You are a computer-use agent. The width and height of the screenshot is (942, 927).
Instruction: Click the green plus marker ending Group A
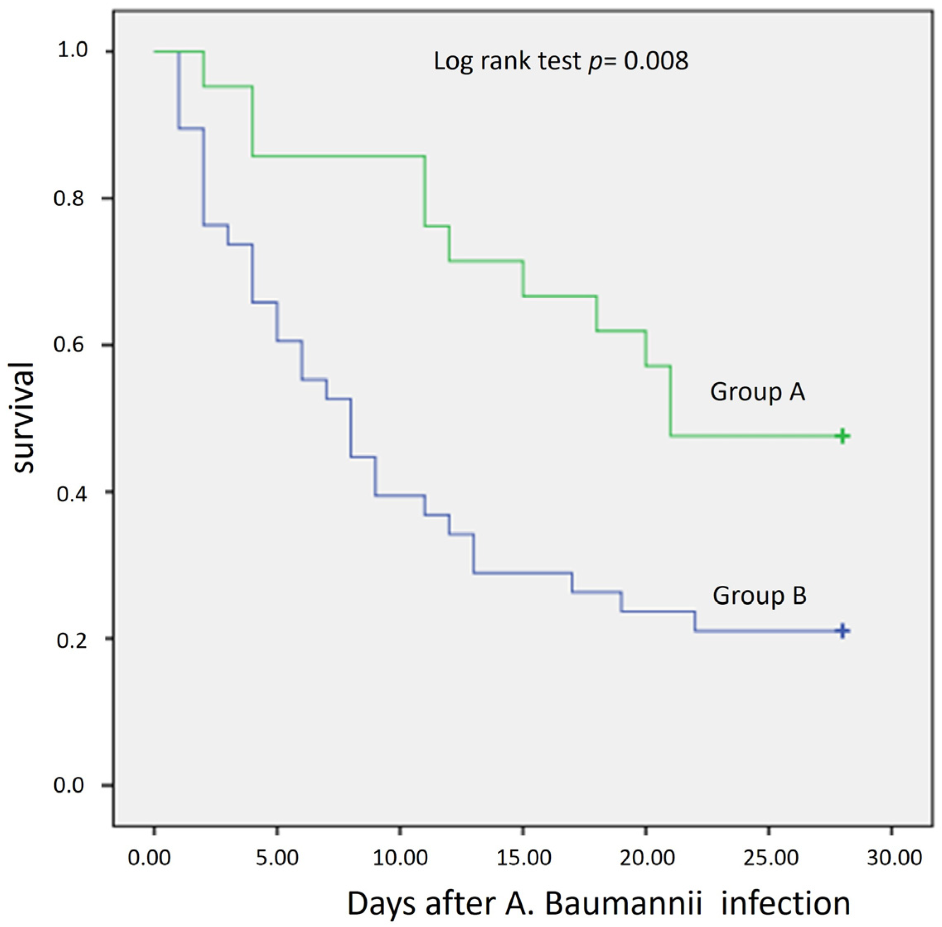pos(842,436)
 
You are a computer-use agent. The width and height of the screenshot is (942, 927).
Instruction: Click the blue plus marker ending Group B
pos(842,631)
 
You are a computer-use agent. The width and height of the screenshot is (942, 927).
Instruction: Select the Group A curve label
pos(757,392)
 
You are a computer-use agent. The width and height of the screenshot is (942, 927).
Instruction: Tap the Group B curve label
pos(759,596)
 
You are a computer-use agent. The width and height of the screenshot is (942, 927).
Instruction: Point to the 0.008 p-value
pos(656,61)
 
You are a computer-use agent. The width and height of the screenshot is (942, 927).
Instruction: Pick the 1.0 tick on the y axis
pos(72,51)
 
